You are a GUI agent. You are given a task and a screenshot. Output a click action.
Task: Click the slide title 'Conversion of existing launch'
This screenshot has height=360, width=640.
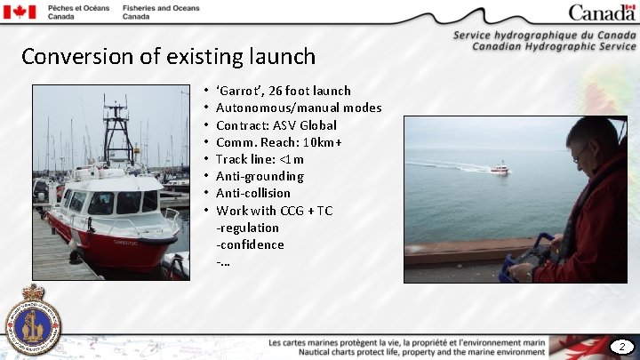[x=168, y=57]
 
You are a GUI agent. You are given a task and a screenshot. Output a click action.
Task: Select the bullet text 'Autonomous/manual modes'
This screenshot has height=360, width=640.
[x=299, y=108]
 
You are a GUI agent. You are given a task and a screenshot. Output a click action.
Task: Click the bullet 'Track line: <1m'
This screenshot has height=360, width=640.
[x=260, y=159]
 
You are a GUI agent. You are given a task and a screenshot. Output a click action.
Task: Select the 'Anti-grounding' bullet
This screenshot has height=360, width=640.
[x=260, y=176]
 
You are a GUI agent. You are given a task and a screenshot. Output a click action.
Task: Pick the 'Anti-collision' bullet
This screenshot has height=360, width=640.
[x=253, y=193]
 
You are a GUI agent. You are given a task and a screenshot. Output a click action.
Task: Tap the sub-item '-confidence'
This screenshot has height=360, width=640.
[x=250, y=244]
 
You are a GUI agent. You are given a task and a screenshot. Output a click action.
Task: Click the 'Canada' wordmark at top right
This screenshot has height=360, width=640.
[x=602, y=12]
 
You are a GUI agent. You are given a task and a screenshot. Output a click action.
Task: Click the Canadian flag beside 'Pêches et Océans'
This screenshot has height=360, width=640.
[x=20, y=12]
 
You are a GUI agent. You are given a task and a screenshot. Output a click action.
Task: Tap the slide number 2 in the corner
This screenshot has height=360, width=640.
[x=622, y=346]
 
